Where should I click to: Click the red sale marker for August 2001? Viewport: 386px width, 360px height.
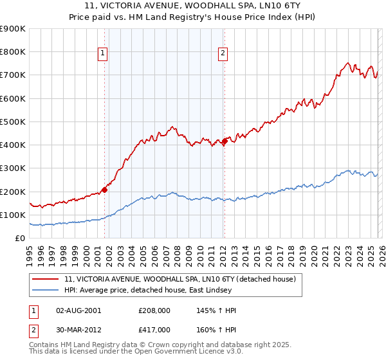tap(104, 190)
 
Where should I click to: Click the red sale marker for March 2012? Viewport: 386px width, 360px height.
tap(225, 141)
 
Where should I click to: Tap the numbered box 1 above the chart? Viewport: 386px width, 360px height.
tap(102, 54)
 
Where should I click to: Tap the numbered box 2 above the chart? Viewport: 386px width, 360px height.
tap(223, 54)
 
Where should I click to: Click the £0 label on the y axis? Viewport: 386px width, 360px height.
tap(19, 238)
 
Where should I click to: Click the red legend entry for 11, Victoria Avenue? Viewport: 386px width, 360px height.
tap(179, 279)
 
